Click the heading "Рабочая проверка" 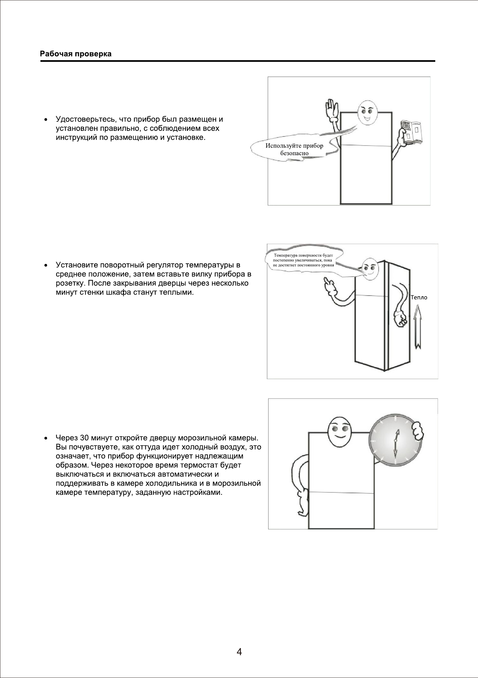point(76,54)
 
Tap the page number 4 point(239,651)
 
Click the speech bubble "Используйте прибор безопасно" point(294,150)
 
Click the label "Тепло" point(419,298)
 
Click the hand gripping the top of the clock point(416,429)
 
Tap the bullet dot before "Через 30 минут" point(46,438)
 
